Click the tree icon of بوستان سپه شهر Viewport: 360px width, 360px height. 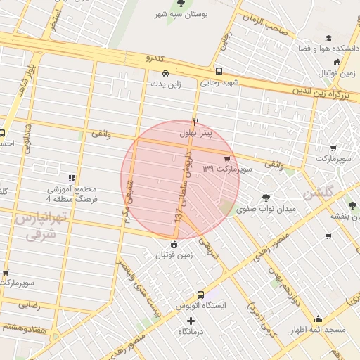tap(181, 4)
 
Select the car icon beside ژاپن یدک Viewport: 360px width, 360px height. tap(165, 72)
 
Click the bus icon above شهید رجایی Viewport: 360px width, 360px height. tap(219, 71)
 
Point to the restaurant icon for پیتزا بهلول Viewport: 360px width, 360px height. tap(196, 122)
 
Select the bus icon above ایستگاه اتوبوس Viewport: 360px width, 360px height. tap(201, 295)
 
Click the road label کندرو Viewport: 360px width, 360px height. tap(153, 58)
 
